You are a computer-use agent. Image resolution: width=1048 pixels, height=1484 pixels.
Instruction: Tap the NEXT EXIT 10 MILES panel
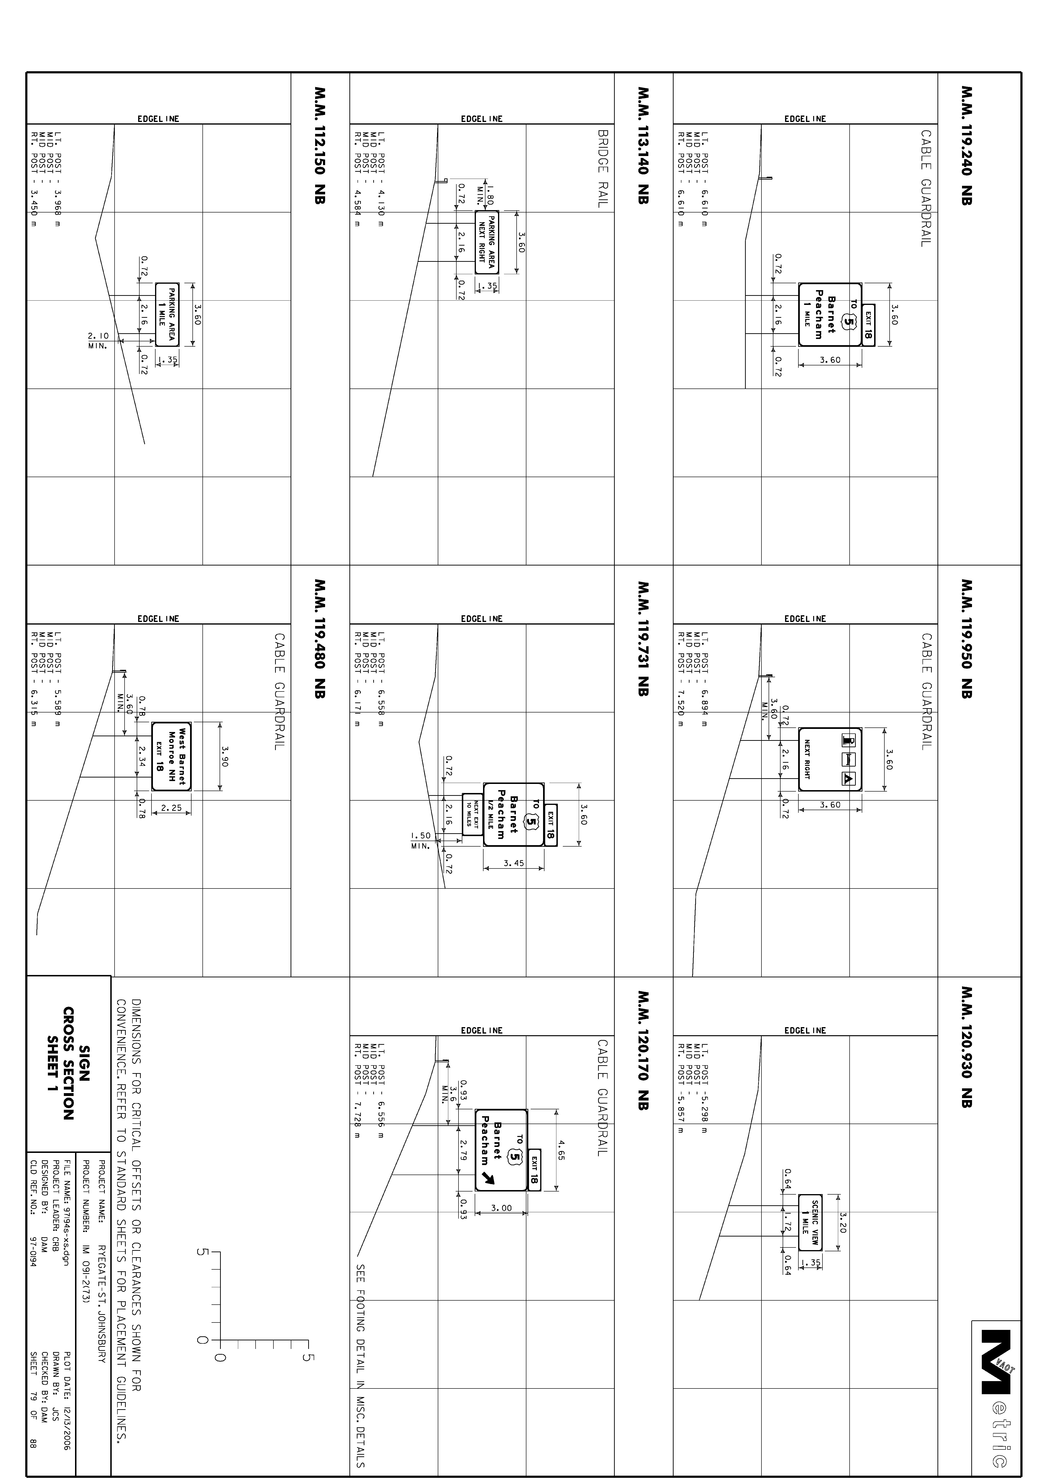coord(472,814)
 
